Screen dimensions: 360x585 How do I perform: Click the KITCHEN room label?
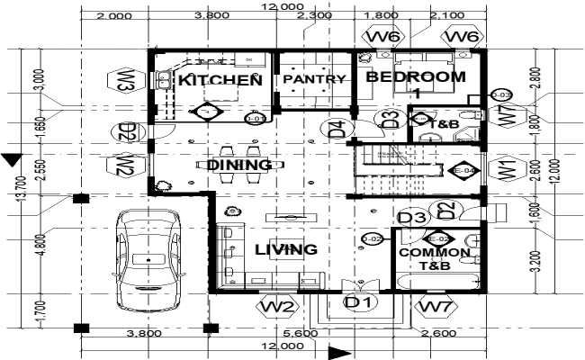pyautogui.click(x=220, y=80)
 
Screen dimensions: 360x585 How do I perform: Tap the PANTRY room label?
pyautogui.click(x=314, y=79)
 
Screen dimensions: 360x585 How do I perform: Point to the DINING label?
pyautogui.click(x=239, y=165)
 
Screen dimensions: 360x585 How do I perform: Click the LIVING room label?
pyautogui.click(x=285, y=249)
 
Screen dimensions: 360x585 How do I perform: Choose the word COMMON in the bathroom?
pyautogui.click(x=435, y=254)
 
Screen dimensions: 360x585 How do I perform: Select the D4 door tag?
pyautogui.click(x=337, y=129)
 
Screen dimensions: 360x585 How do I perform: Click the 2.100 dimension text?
pyautogui.click(x=446, y=15)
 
